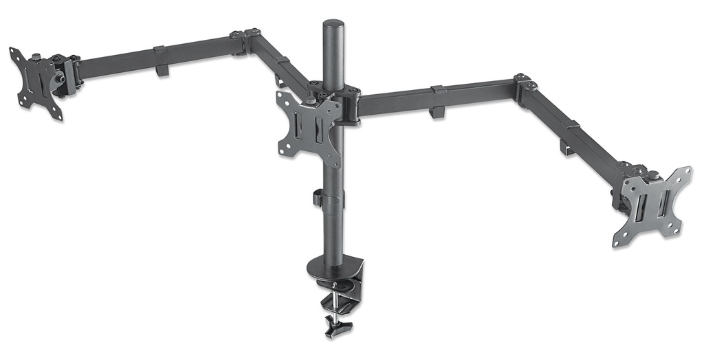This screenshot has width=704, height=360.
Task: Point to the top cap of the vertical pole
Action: pyautogui.click(x=333, y=25)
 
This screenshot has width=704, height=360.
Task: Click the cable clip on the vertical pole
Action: pyautogui.click(x=318, y=198)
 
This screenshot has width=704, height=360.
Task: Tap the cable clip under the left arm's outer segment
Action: pyautogui.click(x=162, y=69)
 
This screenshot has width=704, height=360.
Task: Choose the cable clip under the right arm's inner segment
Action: pyautogui.click(x=437, y=111)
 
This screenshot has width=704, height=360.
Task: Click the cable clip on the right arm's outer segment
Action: pyautogui.click(x=566, y=146)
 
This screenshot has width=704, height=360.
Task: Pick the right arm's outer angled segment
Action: pyautogui.click(x=571, y=131)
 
